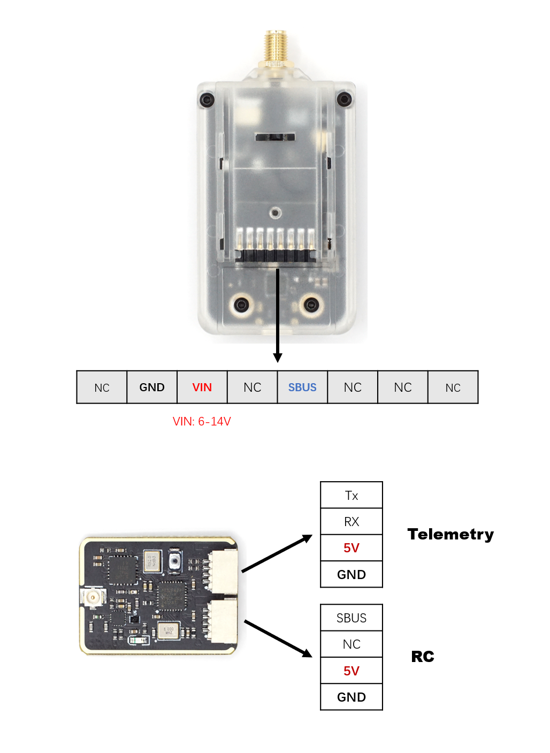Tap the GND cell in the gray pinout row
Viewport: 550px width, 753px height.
(x=152, y=387)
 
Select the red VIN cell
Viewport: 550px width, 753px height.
(x=202, y=387)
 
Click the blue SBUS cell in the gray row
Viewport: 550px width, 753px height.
(x=302, y=387)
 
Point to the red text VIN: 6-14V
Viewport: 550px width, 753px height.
(x=202, y=421)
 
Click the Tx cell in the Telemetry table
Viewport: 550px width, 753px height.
(x=352, y=495)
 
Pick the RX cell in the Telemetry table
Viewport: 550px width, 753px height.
(x=352, y=521)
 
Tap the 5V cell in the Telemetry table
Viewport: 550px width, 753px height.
(x=352, y=547)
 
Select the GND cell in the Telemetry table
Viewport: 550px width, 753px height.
(x=352, y=574)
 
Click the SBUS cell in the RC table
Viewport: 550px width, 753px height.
(x=352, y=618)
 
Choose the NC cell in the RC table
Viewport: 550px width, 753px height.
(x=352, y=644)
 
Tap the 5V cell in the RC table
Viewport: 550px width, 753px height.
(x=352, y=671)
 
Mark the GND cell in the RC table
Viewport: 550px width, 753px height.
(x=352, y=697)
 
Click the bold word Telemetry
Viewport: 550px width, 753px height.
(x=450, y=535)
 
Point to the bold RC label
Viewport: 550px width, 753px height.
(x=423, y=657)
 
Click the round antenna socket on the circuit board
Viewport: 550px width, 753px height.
(x=91, y=597)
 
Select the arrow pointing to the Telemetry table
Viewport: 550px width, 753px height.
(x=277, y=553)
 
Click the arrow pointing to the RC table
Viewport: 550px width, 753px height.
(x=278, y=638)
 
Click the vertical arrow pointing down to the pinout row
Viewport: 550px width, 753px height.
(x=278, y=316)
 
